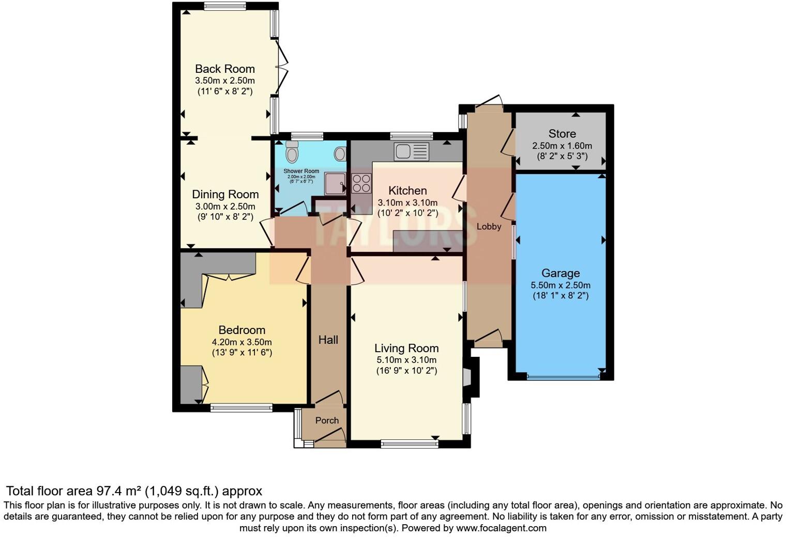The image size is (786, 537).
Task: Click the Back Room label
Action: click(x=224, y=69)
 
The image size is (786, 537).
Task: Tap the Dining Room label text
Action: click(x=225, y=195)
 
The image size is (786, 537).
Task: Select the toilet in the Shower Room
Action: click(x=292, y=153)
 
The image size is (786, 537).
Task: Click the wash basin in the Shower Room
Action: click(x=340, y=153)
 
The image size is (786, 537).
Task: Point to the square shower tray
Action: click(x=335, y=183)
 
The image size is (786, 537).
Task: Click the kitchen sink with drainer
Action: click(x=412, y=151)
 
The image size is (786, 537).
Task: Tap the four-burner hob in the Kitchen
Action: click(x=361, y=183)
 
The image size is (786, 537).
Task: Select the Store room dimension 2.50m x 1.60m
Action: click(x=562, y=146)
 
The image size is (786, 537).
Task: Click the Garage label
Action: click(x=561, y=273)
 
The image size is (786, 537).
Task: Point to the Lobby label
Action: click(x=489, y=227)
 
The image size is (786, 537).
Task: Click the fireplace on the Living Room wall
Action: click(x=468, y=376)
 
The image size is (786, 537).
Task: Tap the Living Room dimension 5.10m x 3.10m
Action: click(x=406, y=360)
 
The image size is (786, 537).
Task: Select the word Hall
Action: click(x=328, y=340)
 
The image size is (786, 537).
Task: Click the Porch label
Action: click(x=327, y=421)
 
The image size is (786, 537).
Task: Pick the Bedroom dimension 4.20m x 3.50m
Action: click(x=241, y=342)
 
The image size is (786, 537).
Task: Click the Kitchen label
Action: click(x=407, y=191)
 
